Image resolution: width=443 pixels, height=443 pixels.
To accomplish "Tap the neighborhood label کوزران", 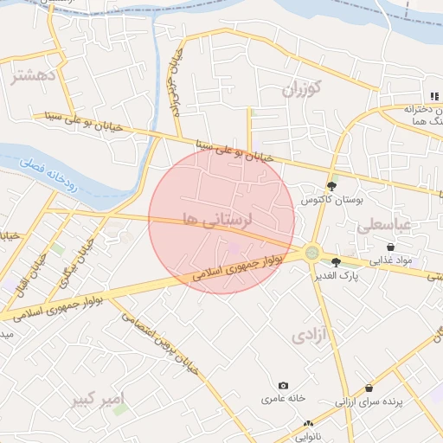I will [x=300, y=87].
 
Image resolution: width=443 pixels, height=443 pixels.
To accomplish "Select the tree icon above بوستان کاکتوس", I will [x=331, y=186].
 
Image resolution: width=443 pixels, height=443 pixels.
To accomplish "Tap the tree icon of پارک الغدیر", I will [x=336, y=262].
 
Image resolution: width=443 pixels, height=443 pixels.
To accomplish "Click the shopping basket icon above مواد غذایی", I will [x=391, y=247].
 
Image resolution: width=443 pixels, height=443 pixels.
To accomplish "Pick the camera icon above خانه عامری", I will [x=283, y=386].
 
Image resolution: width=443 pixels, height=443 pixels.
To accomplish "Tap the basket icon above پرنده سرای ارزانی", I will [x=369, y=388].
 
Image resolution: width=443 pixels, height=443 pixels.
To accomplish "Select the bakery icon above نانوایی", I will [x=309, y=423].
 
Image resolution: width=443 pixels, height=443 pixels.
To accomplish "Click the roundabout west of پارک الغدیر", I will [x=311, y=254].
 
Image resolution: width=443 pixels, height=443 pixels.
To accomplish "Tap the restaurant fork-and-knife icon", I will [x=433, y=96].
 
